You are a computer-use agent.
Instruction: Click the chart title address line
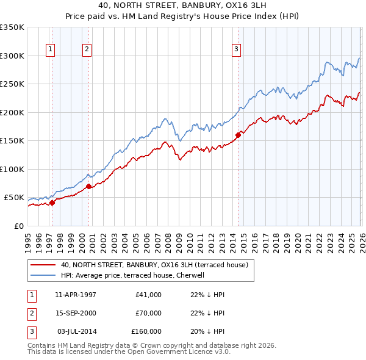(183, 7)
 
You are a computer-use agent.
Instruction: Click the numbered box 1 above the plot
(50, 50)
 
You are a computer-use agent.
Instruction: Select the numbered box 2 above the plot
(87, 50)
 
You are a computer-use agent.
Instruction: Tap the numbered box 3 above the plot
(237, 50)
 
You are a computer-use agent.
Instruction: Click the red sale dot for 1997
(52, 203)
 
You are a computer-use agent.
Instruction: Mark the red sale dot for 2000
(89, 186)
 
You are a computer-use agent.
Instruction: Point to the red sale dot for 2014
(238, 135)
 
